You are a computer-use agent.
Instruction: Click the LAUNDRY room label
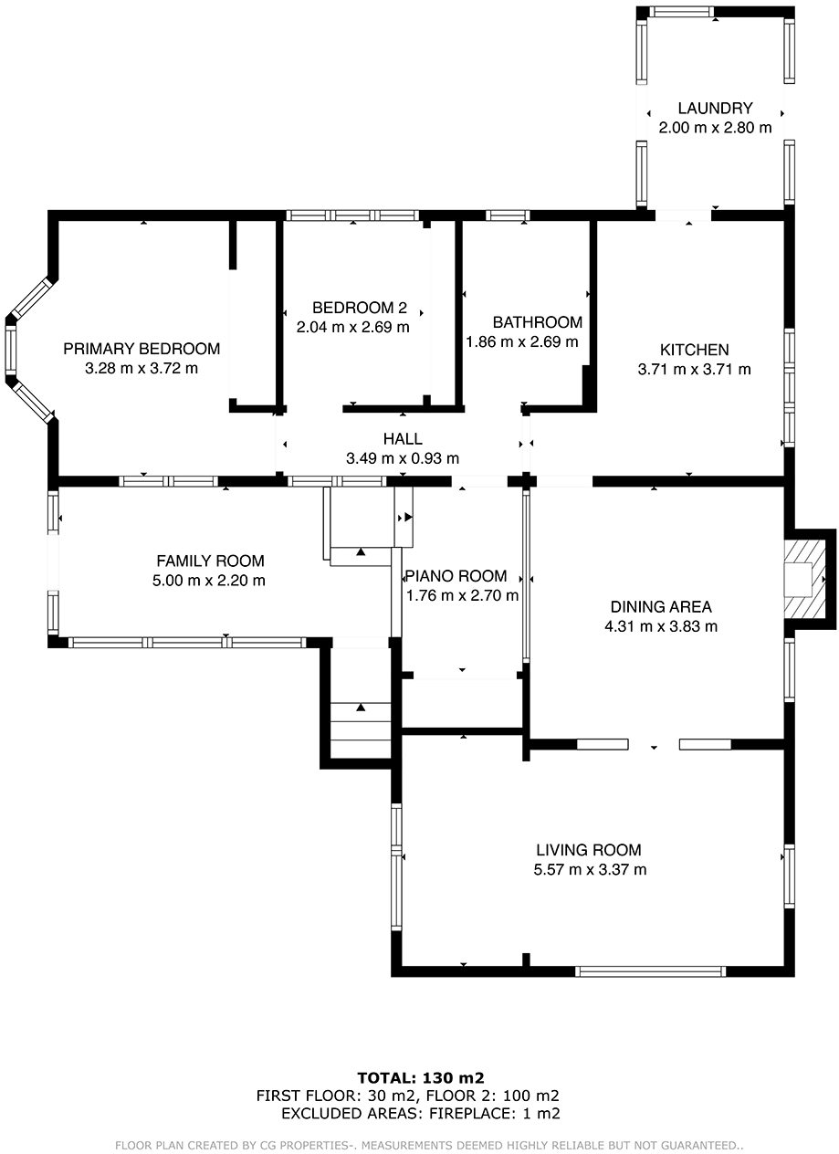pyautogui.click(x=715, y=108)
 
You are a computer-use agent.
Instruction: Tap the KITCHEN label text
pyautogui.click(x=694, y=350)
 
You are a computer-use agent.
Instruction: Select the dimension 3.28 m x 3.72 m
pyautogui.click(x=142, y=368)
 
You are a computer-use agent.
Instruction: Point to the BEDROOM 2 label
pyautogui.click(x=360, y=308)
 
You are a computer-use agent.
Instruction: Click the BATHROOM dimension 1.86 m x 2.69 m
pyautogui.click(x=521, y=341)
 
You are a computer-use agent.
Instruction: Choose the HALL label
pyautogui.click(x=403, y=439)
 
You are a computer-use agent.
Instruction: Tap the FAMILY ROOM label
pyautogui.click(x=210, y=561)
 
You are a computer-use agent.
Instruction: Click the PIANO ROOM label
pyautogui.click(x=456, y=576)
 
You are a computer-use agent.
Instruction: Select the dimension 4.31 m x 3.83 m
pyautogui.click(x=661, y=626)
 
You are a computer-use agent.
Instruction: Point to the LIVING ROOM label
pyautogui.click(x=589, y=850)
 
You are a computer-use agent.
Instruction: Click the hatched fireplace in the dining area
pyautogui.click(x=804, y=579)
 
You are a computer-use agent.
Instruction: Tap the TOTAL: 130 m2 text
pyautogui.click(x=421, y=1077)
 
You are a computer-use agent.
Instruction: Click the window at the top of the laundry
pyautogui.click(x=681, y=12)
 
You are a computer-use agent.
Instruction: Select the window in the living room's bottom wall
pyautogui.click(x=651, y=971)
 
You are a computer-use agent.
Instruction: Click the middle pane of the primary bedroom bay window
pyautogui.click(x=10, y=350)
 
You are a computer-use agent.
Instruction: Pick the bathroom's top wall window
pyautogui.click(x=508, y=215)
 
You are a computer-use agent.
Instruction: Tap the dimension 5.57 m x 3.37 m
pyautogui.click(x=590, y=870)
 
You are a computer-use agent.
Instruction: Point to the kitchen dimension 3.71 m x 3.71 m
pyautogui.click(x=694, y=370)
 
